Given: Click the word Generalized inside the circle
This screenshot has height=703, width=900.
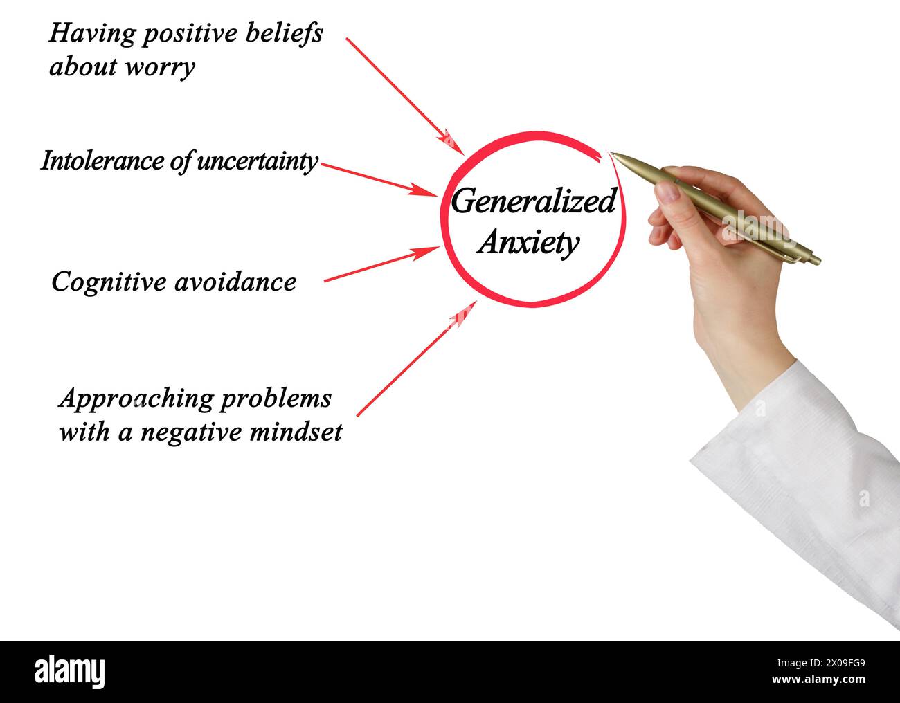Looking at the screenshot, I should tap(533, 202).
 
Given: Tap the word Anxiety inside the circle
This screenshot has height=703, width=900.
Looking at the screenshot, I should tap(528, 242).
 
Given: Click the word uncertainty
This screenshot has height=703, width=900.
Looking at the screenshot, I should tap(258, 161).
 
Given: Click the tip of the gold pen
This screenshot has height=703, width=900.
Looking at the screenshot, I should tap(611, 154).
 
